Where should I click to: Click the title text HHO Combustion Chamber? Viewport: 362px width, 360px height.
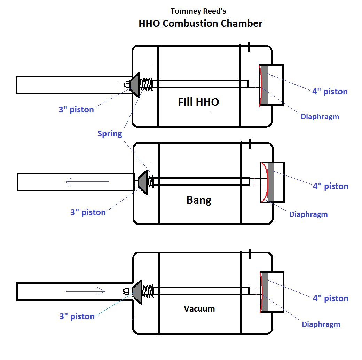(200, 24)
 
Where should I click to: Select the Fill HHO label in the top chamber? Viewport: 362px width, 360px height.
(198, 102)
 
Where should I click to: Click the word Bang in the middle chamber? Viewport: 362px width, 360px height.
(199, 200)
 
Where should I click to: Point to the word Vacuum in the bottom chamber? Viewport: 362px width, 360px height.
(199, 308)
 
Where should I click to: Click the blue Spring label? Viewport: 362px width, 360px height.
(110, 134)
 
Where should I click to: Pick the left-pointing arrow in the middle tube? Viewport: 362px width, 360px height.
(87, 181)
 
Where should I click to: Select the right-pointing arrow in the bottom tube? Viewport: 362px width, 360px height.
(86, 291)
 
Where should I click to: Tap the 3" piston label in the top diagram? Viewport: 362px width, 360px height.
(76, 109)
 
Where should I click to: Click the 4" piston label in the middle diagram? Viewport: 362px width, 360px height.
(330, 186)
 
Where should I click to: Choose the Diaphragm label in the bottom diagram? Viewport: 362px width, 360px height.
(321, 324)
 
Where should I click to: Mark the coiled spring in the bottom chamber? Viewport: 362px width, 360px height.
(147, 290)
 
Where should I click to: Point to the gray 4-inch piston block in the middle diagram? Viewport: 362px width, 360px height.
(270, 182)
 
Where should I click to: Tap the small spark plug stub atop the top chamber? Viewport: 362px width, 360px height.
(249, 47)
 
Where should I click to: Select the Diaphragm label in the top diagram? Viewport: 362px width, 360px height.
(320, 117)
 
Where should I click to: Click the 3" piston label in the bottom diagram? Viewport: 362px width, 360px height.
(77, 316)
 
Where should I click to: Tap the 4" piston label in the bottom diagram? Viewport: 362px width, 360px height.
(330, 298)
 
